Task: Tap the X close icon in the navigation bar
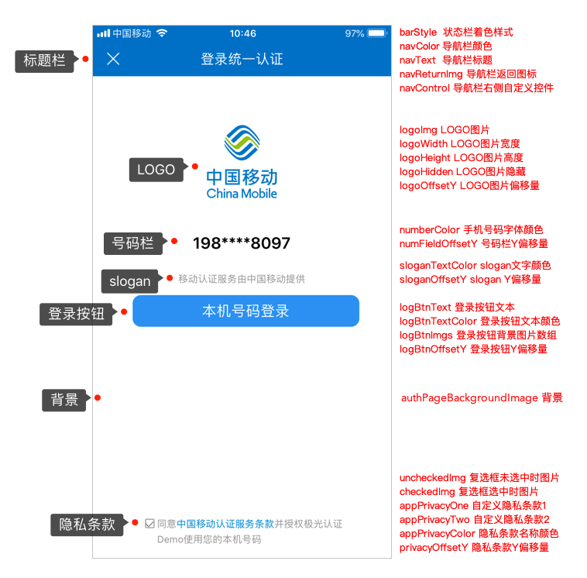tap(113, 59)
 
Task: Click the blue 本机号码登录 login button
tap(245, 311)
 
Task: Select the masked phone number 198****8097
tap(242, 243)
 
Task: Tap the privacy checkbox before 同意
tap(149, 524)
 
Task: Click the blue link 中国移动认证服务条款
tap(225, 524)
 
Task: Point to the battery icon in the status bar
tap(377, 33)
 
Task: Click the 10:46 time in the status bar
tap(242, 33)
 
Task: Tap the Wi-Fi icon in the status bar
tap(162, 33)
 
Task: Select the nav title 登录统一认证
tap(242, 59)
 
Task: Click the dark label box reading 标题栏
tap(44, 60)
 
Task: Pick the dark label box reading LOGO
tap(156, 170)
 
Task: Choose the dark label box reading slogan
tap(129, 280)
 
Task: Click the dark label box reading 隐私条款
tap(87, 524)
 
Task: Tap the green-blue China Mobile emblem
tap(242, 142)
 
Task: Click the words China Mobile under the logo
tap(242, 193)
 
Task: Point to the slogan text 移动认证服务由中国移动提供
tap(242, 279)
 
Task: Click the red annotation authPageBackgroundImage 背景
tap(481, 397)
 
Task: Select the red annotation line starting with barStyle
tap(456, 33)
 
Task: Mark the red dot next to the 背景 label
tap(98, 398)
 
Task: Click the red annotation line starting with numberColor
tap(471, 229)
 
